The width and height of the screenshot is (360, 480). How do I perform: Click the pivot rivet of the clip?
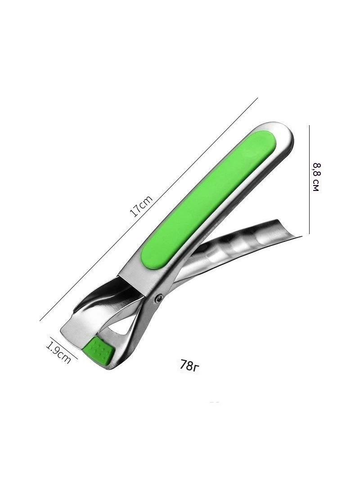[x=159, y=297]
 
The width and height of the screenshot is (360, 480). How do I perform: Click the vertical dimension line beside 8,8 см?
[x=310, y=179]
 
